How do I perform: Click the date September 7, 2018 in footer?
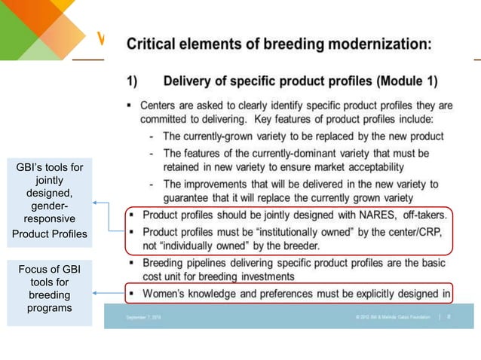coord(143,317)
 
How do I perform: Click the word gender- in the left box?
coord(50,206)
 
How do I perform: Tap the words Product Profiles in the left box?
coord(50,234)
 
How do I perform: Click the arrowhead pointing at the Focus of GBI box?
coord(96,293)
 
